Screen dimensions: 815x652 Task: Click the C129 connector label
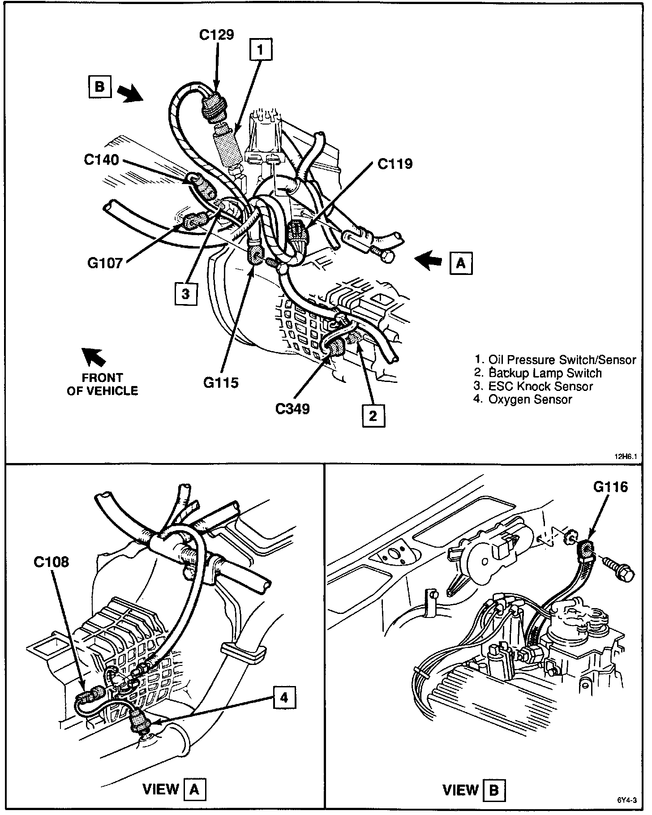(x=216, y=35)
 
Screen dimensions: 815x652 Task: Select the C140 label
(x=102, y=159)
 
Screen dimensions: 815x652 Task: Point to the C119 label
(x=395, y=164)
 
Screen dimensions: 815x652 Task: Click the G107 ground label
(x=105, y=263)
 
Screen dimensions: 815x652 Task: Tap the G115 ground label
(x=221, y=383)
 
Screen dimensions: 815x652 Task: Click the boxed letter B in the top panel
(x=99, y=86)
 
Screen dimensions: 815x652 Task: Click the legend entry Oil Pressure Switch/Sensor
(x=555, y=360)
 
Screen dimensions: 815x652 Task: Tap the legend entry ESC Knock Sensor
(x=534, y=386)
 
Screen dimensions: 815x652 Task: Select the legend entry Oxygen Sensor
(x=523, y=399)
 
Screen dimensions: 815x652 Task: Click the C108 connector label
(x=51, y=562)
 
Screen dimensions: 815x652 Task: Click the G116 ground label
(x=611, y=487)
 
